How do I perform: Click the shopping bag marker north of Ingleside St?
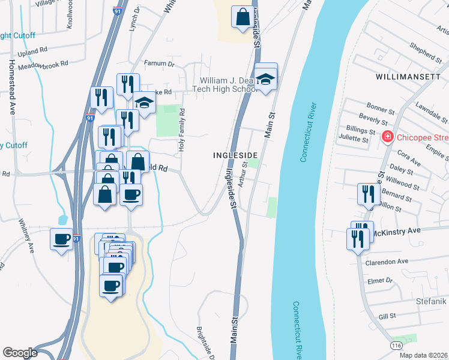pos(243,18)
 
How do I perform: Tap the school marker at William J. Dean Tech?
pos(265,77)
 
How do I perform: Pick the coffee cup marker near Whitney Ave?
pos(61,239)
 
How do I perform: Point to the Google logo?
pos(20,353)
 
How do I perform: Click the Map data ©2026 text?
pos(423,355)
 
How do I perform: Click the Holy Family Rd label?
pos(180,130)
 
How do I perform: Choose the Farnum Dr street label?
pos(159,63)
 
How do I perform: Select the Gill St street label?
pos(388,316)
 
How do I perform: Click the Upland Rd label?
pos(32,52)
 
